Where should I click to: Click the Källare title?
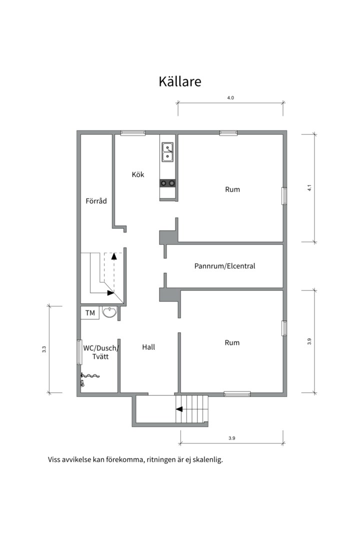pos(180,81)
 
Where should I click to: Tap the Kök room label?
pos(138,174)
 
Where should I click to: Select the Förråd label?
pos(96,201)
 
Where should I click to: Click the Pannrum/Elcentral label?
pos(224,266)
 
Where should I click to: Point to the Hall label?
pos(148,347)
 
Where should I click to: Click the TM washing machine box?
pos(90,313)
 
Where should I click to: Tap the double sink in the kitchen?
pos(168,152)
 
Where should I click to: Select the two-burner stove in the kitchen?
pos(167,183)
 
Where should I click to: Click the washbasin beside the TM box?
pos(109,312)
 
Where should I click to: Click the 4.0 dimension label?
pos(230,98)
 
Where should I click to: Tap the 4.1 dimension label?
pos(309,188)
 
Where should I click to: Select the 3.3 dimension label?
pos(44,349)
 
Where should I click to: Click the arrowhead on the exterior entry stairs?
pos(179,409)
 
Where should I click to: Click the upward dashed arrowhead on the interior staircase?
pos(114,255)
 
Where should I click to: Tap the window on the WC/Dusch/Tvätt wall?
pos(79,352)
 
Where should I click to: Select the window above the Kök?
pos(132,132)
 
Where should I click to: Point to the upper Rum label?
pos(232,189)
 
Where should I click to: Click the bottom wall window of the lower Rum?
pos(237,394)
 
